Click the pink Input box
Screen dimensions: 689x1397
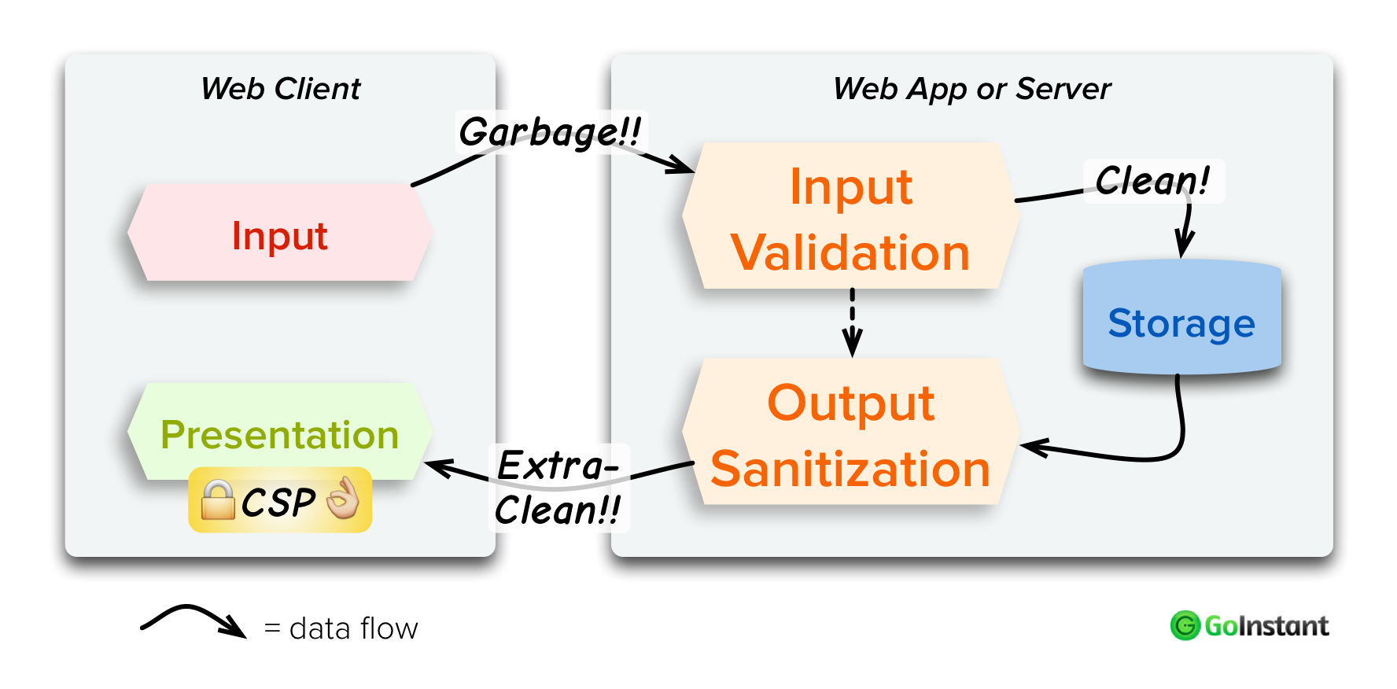pos(279,234)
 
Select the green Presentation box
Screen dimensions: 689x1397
pos(279,433)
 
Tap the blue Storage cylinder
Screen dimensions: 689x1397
pos(1181,321)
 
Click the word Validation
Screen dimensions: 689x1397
pos(850,253)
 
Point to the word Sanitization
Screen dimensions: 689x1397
pos(850,470)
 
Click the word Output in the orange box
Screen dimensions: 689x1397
pos(850,403)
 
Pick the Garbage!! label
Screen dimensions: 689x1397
pos(550,132)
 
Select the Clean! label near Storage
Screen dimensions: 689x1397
pos(1152,181)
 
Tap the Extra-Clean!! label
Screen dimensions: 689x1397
pos(558,488)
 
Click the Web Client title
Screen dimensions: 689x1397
pos(281,89)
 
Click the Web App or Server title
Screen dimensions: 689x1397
pos(971,89)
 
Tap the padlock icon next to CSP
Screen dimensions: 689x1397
pos(218,501)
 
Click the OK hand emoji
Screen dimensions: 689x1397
pos(343,499)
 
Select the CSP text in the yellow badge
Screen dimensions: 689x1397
pos(278,503)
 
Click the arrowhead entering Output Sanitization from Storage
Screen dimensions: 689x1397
pos(1033,448)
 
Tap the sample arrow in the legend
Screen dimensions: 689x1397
pos(193,621)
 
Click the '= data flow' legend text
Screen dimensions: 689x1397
pos(341,628)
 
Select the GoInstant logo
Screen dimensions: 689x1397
pos(1248,626)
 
